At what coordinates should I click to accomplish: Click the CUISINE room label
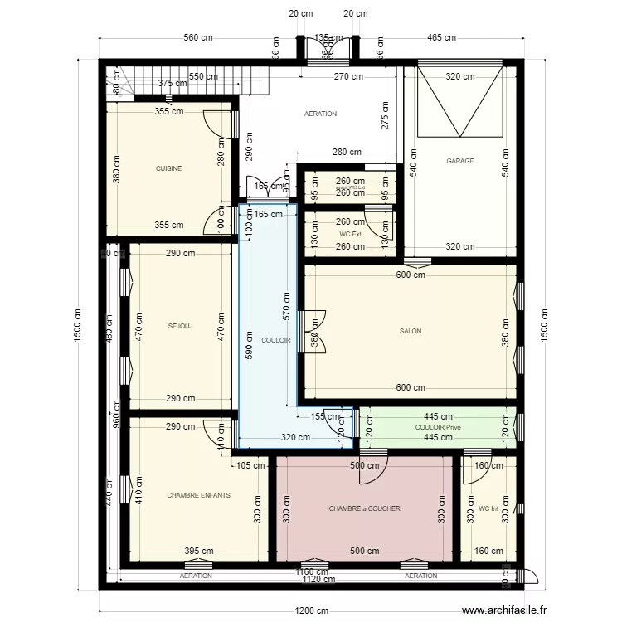[168, 168]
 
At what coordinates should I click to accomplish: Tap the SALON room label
[411, 331]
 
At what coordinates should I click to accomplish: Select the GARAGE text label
[460, 161]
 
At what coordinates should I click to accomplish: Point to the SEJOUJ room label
[180, 326]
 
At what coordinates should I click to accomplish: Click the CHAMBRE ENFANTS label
[199, 495]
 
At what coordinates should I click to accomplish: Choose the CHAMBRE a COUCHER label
[364, 508]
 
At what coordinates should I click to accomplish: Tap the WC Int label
[489, 508]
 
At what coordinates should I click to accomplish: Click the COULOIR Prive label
[437, 427]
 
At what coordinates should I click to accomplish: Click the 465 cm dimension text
[441, 37]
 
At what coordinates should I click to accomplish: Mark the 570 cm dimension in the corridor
[285, 307]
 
